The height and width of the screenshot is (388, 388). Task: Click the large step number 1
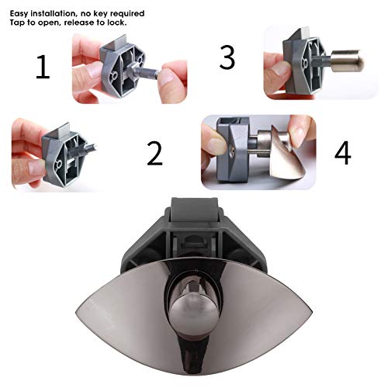[x=42, y=68]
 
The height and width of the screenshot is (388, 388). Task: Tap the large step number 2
[x=155, y=153]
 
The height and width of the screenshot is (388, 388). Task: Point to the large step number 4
[x=342, y=153]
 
